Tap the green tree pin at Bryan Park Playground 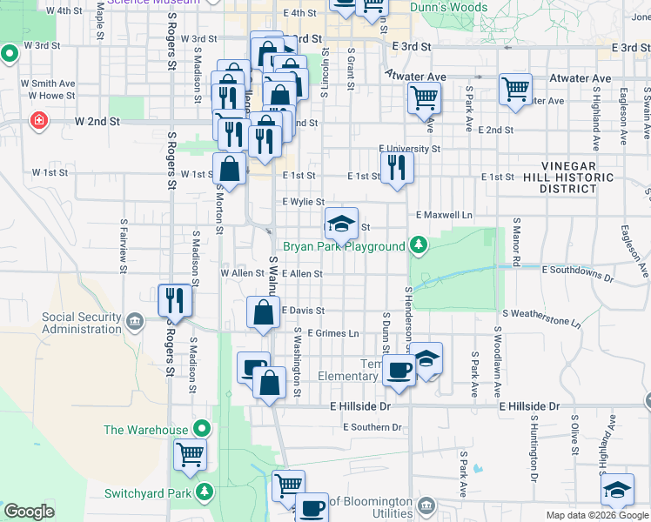click(419, 246)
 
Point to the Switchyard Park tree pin click(205, 492)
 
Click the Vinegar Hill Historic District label click(567, 177)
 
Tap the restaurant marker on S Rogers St click(174, 300)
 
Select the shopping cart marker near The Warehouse click(190, 454)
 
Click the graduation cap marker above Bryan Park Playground click(342, 222)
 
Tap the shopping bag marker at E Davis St click(263, 313)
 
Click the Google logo click(30, 512)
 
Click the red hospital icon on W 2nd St click(38, 120)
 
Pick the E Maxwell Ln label click(444, 215)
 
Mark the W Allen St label click(242, 273)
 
